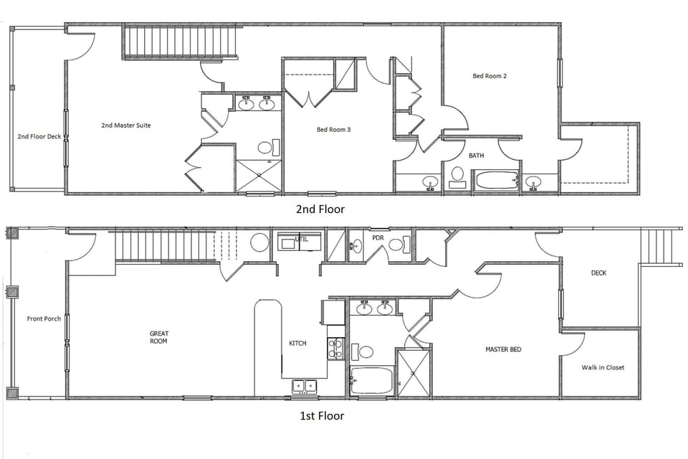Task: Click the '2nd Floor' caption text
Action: (320, 209)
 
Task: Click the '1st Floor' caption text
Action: (320, 416)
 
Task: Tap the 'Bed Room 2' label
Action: (490, 75)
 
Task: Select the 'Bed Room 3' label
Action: (334, 130)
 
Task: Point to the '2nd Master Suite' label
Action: (126, 126)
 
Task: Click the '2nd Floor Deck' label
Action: (39, 136)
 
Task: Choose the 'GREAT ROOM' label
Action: (158, 337)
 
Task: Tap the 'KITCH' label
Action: (297, 344)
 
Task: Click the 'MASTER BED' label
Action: (503, 349)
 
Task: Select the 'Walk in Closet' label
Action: (603, 367)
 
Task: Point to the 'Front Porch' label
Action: (44, 318)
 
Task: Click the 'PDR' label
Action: (378, 237)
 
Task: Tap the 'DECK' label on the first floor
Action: (599, 273)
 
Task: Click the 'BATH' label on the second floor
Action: (477, 155)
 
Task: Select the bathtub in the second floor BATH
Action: (496, 179)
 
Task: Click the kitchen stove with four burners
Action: (335, 349)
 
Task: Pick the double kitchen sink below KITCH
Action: (304, 386)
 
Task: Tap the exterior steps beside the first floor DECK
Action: (660, 247)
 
